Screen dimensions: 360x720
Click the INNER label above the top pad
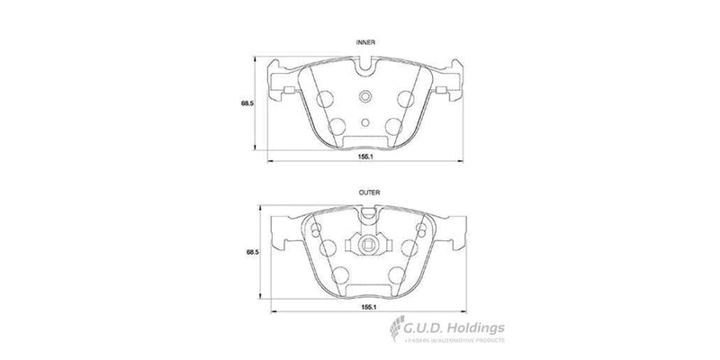[x=364, y=42]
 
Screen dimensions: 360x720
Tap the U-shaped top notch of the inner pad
[x=364, y=66]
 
